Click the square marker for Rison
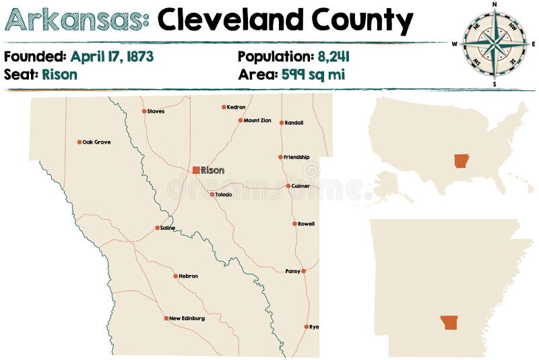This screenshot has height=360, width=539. pos(196,171)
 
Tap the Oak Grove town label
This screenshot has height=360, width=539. pos(96,142)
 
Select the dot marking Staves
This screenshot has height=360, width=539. pos(144,111)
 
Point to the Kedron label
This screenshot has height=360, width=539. pos(236,107)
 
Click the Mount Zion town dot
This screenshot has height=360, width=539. pos(240,121)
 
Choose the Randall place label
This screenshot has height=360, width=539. pos(294,123)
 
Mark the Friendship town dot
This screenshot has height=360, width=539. pos(281,157)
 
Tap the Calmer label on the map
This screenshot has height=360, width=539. pos(300,185)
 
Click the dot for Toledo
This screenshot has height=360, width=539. pos(212,194)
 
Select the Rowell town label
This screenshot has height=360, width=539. pos(306,223)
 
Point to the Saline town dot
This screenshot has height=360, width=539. pos(157,228)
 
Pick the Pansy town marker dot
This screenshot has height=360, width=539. pos(304,271)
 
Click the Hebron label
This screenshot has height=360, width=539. pos(189,276)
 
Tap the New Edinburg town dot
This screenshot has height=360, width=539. pos(166,318)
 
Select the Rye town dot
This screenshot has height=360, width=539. pos(307,327)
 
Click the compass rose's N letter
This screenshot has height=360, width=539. pos(495,4)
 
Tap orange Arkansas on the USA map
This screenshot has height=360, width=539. pos(462,161)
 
